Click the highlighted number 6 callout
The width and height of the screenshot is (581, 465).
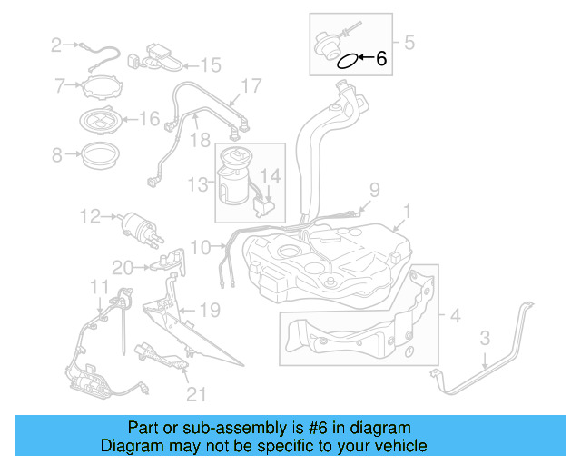tap(380, 60)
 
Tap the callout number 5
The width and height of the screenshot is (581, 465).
tap(409, 42)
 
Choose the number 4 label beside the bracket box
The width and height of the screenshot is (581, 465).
tap(455, 317)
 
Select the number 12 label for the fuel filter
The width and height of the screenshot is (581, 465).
tap(89, 217)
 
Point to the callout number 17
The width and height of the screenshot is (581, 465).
tap(251, 87)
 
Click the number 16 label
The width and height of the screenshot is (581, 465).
tap(149, 118)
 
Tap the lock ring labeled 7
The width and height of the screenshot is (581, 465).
tap(103, 89)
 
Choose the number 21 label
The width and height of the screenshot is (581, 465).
tap(196, 393)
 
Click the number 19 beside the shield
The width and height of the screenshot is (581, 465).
tap(210, 311)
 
